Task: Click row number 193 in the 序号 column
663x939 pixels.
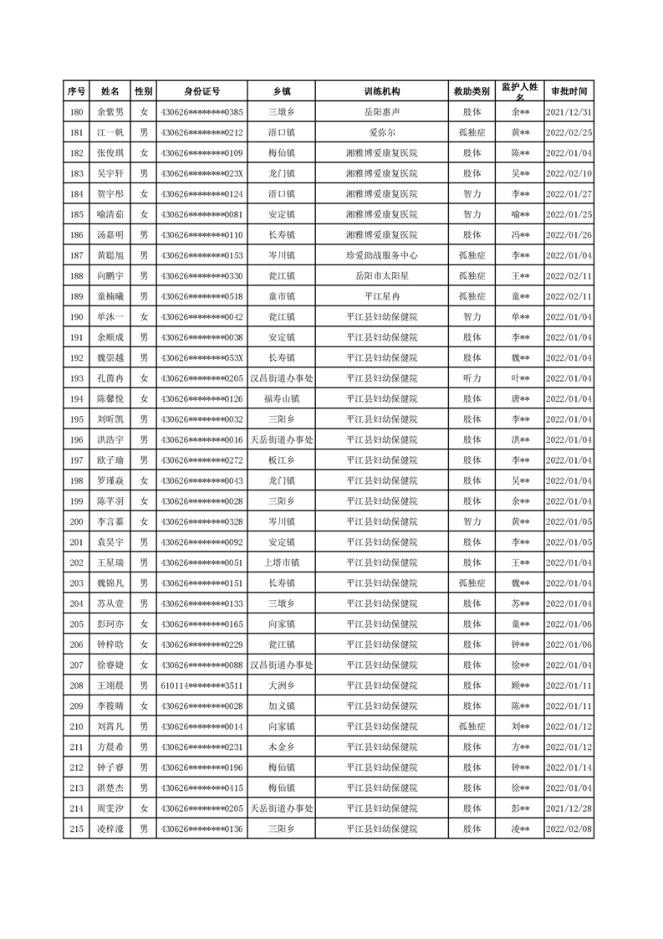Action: pos(77,378)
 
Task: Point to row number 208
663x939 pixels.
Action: pos(77,685)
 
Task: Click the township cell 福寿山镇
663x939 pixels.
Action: pos(282,398)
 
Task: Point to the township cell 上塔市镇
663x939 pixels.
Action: pos(282,562)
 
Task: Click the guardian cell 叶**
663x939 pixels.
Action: pos(520,378)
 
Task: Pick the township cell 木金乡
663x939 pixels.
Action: pos(282,747)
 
